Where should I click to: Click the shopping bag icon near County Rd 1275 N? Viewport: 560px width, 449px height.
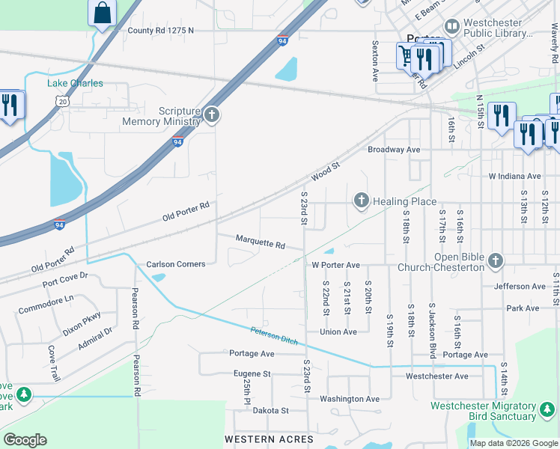click(x=102, y=13)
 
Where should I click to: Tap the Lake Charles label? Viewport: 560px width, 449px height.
click(x=75, y=83)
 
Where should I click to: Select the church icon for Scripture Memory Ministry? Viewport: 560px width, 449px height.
click(x=212, y=114)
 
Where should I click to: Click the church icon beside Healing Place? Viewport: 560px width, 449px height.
click(x=362, y=201)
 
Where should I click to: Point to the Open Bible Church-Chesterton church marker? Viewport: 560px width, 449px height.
click(x=494, y=260)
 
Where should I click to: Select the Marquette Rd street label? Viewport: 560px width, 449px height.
click(x=261, y=245)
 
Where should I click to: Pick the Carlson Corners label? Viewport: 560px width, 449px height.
click(x=175, y=264)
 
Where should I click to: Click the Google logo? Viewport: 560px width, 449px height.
click(x=25, y=440)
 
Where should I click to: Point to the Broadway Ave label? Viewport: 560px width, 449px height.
click(x=394, y=150)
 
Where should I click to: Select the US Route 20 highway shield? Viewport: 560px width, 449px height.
click(x=63, y=100)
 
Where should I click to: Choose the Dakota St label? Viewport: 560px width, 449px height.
click(x=270, y=411)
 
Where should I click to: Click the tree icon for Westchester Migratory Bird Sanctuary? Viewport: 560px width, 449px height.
click(x=547, y=410)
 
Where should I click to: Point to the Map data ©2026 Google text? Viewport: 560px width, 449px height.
click(x=513, y=443)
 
